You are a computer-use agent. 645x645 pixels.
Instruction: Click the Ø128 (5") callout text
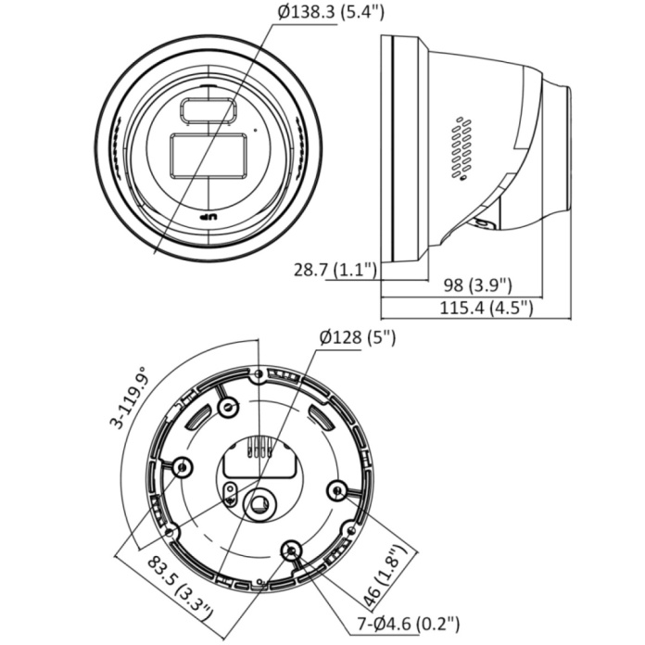pos(357,337)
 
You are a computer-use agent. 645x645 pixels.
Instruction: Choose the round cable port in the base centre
pos(261,501)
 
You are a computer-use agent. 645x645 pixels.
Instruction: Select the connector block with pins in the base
pos(262,449)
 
